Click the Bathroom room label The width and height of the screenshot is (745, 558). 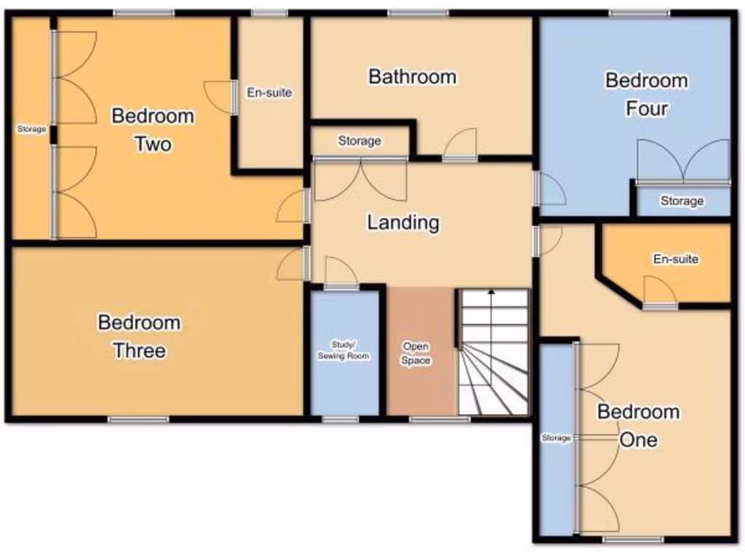pyautogui.click(x=413, y=76)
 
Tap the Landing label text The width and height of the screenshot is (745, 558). pyautogui.click(x=403, y=222)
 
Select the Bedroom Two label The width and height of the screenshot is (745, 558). pyautogui.click(x=153, y=129)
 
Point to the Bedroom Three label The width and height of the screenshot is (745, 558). pyautogui.click(x=139, y=336)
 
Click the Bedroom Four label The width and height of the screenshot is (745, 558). pyautogui.click(x=646, y=94)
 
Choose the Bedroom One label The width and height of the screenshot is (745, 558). pyautogui.click(x=638, y=426)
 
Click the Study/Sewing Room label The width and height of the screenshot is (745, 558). pyautogui.click(x=343, y=350)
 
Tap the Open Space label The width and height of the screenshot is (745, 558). pyautogui.click(x=415, y=353)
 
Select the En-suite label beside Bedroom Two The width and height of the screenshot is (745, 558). pyautogui.click(x=269, y=92)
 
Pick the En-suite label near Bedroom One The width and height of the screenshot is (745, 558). pyautogui.click(x=676, y=259)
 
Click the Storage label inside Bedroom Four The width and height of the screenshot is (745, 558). pyautogui.click(x=682, y=201)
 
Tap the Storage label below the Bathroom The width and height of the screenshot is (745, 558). pyautogui.click(x=359, y=141)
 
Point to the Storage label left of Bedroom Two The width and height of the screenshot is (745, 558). pyautogui.click(x=32, y=129)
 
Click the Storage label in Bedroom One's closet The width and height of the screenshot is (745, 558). pyautogui.click(x=556, y=438)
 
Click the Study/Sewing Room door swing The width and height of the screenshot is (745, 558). pyautogui.click(x=340, y=274)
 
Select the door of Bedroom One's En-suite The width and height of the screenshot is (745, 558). pyautogui.click(x=660, y=294)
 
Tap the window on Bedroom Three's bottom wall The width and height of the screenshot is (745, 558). pyautogui.click(x=138, y=419)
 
